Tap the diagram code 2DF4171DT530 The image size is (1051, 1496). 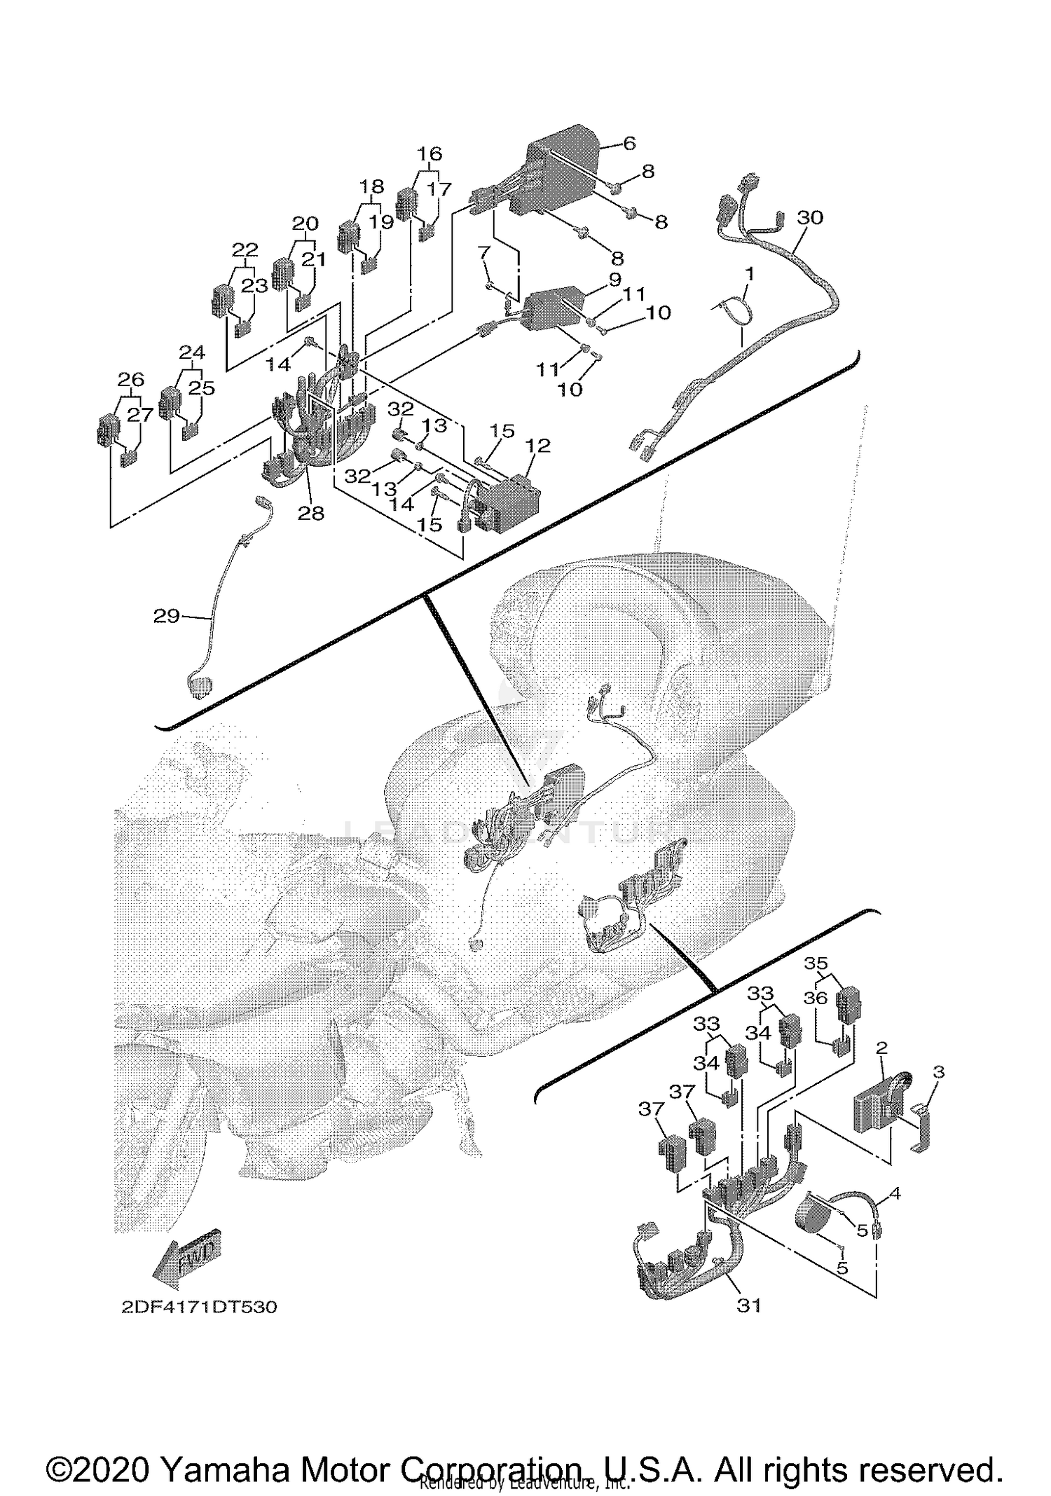[199, 1308]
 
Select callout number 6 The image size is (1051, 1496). [628, 144]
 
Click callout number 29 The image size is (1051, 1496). [166, 616]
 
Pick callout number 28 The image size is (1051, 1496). [311, 513]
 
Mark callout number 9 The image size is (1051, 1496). [614, 279]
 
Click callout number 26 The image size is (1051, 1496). [131, 379]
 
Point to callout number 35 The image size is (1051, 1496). [816, 963]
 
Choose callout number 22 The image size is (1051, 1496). [245, 249]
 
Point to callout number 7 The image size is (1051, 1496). [483, 250]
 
